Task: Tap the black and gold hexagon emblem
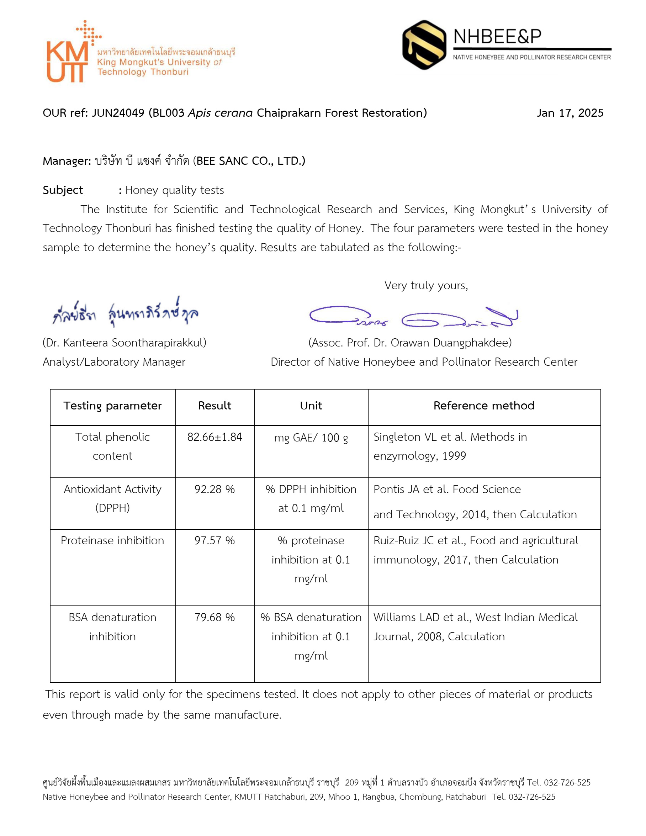(x=424, y=45)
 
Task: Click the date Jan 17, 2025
(x=570, y=113)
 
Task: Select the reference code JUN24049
(x=118, y=113)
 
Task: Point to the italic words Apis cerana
(x=220, y=113)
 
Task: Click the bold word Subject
(x=63, y=190)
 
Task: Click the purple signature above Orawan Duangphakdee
(x=413, y=317)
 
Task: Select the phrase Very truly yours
(x=426, y=286)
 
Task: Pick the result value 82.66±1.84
(x=215, y=437)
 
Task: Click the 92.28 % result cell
(x=215, y=489)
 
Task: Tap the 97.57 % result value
(x=215, y=540)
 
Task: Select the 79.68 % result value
(x=215, y=618)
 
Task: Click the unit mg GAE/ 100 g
(x=311, y=438)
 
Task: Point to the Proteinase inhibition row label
(x=112, y=540)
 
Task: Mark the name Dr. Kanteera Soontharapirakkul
(x=125, y=343)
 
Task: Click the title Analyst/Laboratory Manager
(x=114, y=362)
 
